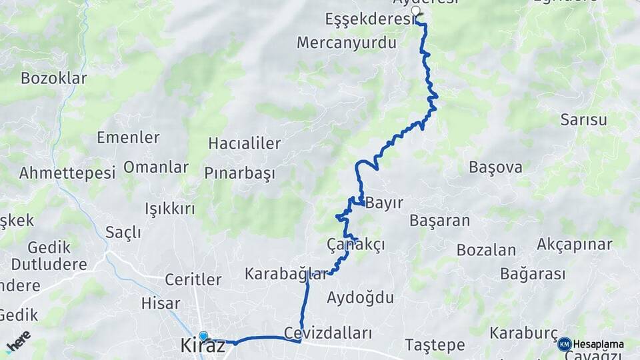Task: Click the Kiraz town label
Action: pos(203,345)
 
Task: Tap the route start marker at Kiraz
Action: pos(203,336)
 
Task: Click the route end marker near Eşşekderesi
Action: pos(417,11)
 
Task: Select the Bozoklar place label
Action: pos(54,78)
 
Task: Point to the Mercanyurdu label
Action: pos(347,43)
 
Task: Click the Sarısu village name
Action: pos(583,120)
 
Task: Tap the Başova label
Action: pos(495,167)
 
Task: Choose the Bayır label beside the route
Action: pos(385,203)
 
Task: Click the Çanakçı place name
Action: pos(356,245)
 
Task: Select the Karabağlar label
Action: pos(286,273)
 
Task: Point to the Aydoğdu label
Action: pos(360,297)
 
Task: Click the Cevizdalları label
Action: pos(327,333)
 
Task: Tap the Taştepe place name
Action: pos(435,345)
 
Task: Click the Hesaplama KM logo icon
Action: pos(564,344)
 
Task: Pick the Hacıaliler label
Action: pos(245,143)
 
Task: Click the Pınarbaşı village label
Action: pos(240,173)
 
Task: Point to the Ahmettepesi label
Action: pos(67,173)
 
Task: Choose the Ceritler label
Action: pos(193,279)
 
